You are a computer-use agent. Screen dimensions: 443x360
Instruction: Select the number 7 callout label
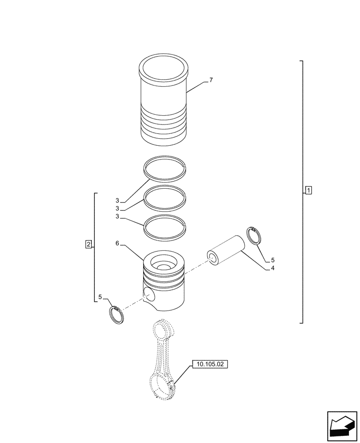tap(211, 80)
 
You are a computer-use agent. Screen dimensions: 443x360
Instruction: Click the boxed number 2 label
tap(89, 244)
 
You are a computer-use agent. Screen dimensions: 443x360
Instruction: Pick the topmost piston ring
tap(165, 168)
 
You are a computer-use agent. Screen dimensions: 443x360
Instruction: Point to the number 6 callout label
tap(117, 244)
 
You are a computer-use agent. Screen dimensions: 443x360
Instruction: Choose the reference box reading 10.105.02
tap(209, 365)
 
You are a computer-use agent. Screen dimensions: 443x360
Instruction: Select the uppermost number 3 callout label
tap(117, 201)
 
